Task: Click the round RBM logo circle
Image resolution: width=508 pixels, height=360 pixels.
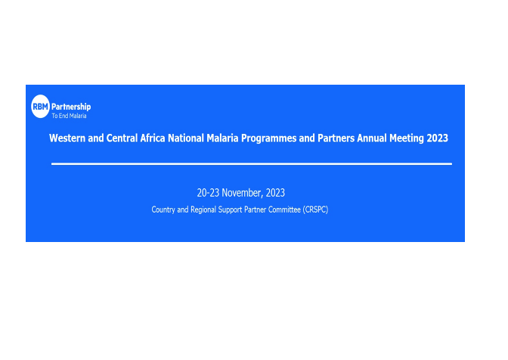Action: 40,107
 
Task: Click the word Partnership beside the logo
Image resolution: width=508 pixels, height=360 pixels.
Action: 70,107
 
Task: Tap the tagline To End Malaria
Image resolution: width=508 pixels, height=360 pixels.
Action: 69,116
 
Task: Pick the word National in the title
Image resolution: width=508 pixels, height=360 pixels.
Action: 194,138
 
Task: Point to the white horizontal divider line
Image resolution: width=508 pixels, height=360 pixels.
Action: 251,163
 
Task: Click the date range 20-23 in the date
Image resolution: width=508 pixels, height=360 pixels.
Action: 208,193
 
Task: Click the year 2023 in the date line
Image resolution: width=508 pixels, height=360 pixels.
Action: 275,193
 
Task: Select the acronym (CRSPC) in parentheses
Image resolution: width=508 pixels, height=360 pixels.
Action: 314,209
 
